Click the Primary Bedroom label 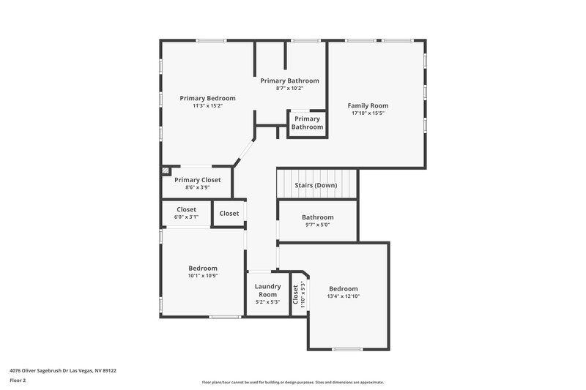coord(207,98)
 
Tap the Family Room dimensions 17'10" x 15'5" coord(368,113)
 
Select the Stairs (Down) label coord(316,185)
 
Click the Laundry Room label coord(267,290)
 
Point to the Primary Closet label coord(197,179)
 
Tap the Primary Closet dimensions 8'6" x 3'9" coord(197,188)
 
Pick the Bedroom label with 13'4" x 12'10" coord(343,288)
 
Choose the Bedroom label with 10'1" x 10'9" coord(203,268)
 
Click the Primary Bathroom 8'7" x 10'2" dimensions coord(289,89)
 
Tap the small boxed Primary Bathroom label coord(307,123)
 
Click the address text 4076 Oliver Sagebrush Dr coord(62,370)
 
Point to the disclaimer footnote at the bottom coord(292,382)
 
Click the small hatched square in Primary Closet coord(166,170)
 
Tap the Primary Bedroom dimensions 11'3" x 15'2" coord(207,106)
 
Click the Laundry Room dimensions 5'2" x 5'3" coord(267,301)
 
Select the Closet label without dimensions coord(229,214)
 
